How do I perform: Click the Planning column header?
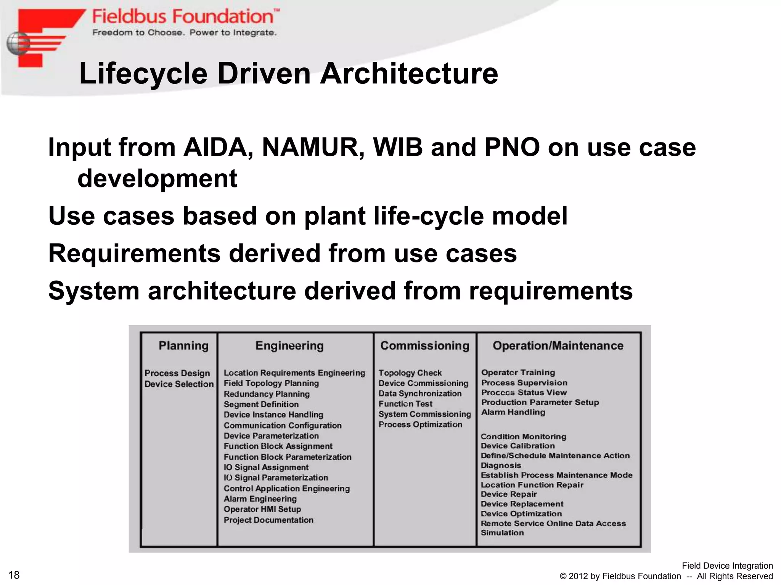pyautogui.click(x=183, y=346)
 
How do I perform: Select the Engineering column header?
pyautogui.click(x=289, y=346)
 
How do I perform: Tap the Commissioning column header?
pyautogui.click(x=425, y=346)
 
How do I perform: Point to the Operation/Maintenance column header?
pyautogui.click(x=558, y=346)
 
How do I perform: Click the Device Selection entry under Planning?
pyautogui.click(x=179, y=384)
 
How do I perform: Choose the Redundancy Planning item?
pyautogui.click(x=267, y=394)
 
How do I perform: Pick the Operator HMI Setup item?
pyautogui.click(x=262, y=509)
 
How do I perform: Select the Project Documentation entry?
pyautogui.click(x=268, y=520)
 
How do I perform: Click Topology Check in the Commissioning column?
pyautogui.click(x=410, y=373)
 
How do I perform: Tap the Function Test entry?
pyautogui.click(x=405, y=404)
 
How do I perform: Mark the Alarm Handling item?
pyautogui.click(x=513, y=412)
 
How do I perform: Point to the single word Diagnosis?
pyautogui.click(x=501, y=465)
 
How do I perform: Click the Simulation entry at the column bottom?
pyautogui.click(x=502, y=533)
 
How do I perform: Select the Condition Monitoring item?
pyautogui.click(x=523, y=436)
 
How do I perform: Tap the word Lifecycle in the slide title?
pyautogui.click(x=143, y=74)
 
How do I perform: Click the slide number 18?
pyautogui.click(x=14, y=575)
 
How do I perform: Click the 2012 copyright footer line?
pyautogui.click(x=666, y=576)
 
